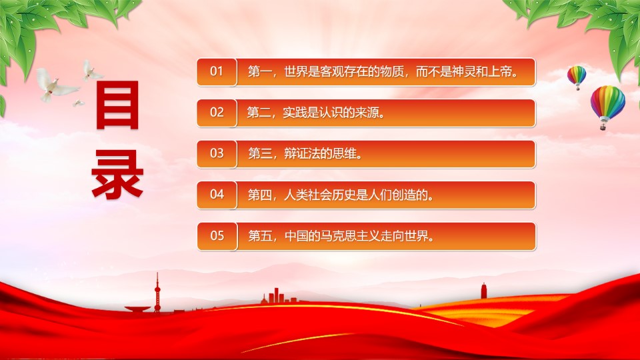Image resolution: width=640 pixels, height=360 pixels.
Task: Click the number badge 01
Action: (217, 72)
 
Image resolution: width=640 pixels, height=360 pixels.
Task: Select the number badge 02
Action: (217, 113)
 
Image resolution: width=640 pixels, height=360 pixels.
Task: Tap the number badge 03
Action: (217, 154)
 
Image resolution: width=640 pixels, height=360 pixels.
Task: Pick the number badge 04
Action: (217, 195)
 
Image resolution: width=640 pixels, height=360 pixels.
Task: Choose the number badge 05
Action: (217, 236)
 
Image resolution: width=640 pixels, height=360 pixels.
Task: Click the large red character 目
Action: (117, 105)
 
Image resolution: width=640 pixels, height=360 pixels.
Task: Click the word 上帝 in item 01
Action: (500, 72)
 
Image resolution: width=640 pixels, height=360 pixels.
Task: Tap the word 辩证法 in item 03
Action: (302, 154)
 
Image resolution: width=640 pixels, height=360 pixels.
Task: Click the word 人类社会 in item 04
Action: (308, 195)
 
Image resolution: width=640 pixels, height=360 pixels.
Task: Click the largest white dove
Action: (55, 85)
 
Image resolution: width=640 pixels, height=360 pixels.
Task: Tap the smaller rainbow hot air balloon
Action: (576, 77)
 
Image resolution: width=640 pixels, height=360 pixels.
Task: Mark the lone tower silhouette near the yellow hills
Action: (483, 291)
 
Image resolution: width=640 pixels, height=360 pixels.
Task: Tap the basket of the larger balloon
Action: (603, 127)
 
